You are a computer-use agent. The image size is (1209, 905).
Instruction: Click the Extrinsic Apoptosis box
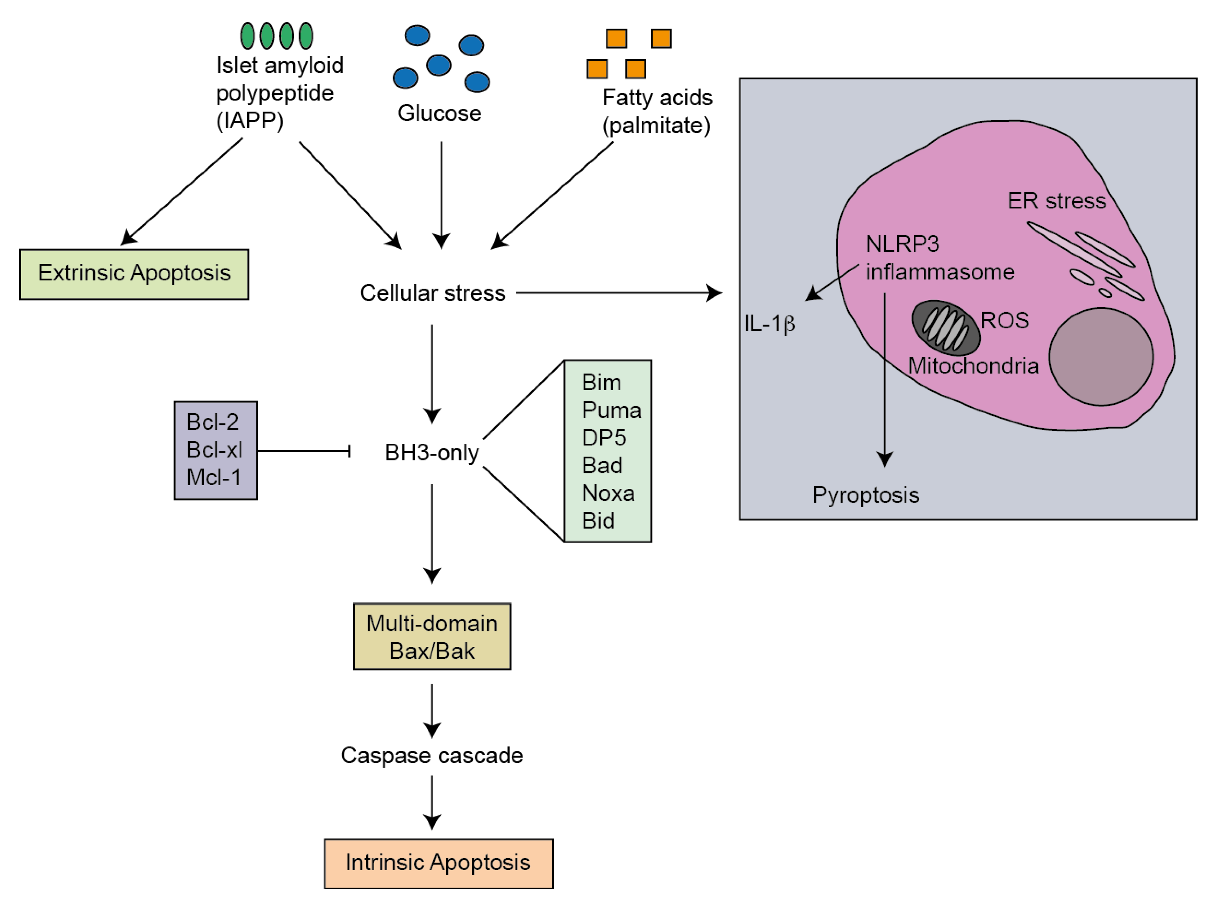(x=134, y=274)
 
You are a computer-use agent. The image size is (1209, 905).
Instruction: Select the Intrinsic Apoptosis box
(x=438, y=863)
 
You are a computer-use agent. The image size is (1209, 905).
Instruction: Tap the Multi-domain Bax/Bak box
(x=432, y=636)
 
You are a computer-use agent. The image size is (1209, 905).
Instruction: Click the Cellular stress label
(x=432, y=293)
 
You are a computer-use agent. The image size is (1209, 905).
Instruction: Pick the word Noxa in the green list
(x=608, y=493)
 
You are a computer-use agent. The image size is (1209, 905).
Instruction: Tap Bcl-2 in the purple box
(x=213, y=422)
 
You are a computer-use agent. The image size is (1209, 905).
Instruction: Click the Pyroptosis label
(x=866, y=495)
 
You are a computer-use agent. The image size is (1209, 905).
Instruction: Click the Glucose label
(x=439, y=113)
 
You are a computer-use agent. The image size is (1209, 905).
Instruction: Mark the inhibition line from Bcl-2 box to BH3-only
(x=303, y=451)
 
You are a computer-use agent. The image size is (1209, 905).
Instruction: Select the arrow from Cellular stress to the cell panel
(x=618, y=293)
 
